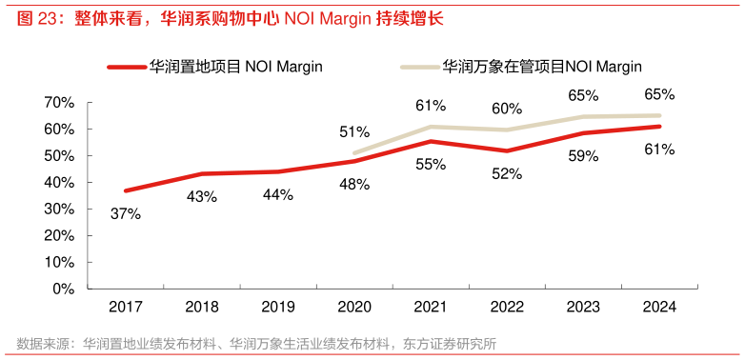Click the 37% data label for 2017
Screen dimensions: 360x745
pos(125,214)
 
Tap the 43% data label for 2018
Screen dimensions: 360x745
pos(201,197)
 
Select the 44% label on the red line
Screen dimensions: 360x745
pos(277,194)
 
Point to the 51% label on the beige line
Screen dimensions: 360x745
pos(354,131)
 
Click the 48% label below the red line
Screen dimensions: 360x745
pos(354,185)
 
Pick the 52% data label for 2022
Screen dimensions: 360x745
pos(507,173)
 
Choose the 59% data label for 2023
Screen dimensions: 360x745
pos(583,157)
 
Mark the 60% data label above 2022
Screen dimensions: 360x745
pos(507,109)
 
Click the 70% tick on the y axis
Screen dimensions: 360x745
pos(59,102)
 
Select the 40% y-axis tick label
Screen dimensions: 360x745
pos(59,182)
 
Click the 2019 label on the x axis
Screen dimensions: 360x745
pos(277,307)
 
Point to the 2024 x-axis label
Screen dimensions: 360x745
pos(659,307)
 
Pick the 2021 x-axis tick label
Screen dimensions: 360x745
pos(430,307)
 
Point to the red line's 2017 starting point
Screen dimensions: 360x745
pos(125,190)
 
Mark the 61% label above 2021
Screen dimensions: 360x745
pos(431,106)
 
